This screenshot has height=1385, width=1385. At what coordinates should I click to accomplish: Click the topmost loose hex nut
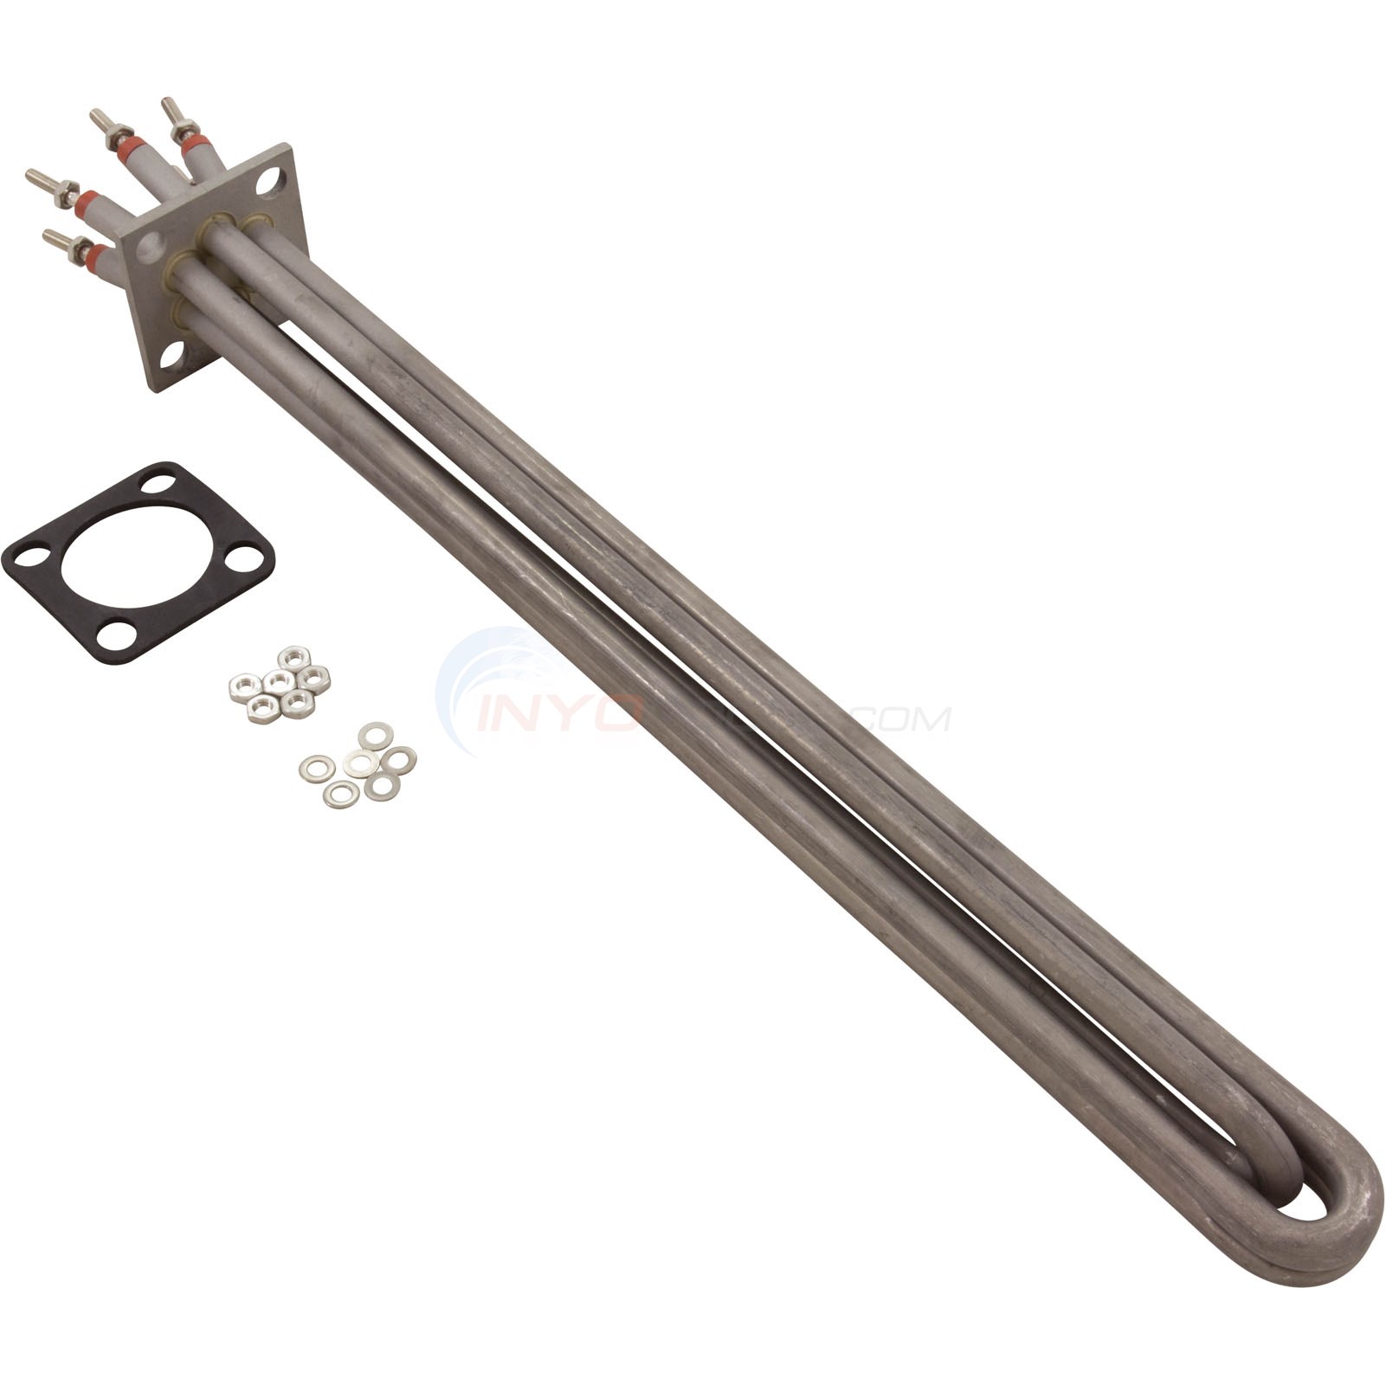coord(294,657)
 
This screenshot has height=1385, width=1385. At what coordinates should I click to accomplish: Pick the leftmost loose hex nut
coord(242,688)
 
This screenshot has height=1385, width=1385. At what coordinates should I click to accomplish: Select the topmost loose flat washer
coord(375,736)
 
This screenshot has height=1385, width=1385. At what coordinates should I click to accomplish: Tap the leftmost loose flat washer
coord(317,769)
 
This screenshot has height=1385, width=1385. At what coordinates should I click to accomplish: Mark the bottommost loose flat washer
coord(341,794)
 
